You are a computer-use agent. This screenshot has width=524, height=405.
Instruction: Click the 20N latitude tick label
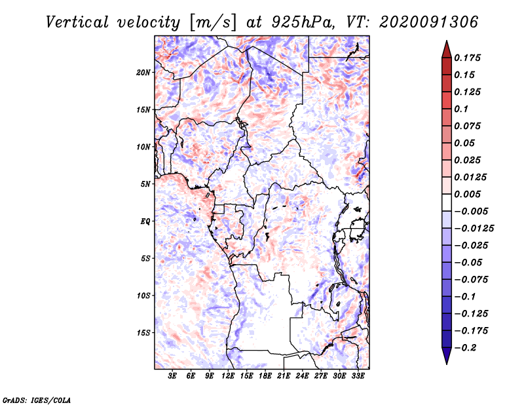click(x=143, y=72)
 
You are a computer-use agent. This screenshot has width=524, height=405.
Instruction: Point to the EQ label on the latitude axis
click(x=145, y=222)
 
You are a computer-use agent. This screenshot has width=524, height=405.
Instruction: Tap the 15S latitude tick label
click(x=143, y=333)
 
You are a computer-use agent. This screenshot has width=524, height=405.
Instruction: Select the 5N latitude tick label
click(x=145, y=184)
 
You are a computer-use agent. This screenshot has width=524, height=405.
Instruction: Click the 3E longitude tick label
click(x=173, y=376)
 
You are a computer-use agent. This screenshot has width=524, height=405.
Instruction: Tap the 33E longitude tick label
click(x=358, y=376)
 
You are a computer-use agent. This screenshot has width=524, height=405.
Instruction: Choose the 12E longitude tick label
click(x=228, y=376)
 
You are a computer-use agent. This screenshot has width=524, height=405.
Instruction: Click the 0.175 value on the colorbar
click(x=468, y=58)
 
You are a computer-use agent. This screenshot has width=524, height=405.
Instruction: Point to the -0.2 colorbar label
click(x=466, y=347)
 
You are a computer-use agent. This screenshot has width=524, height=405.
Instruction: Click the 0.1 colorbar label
click(x=461, y=109)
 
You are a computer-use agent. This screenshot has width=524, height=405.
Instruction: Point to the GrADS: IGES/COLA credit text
click(x=29, y=398)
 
